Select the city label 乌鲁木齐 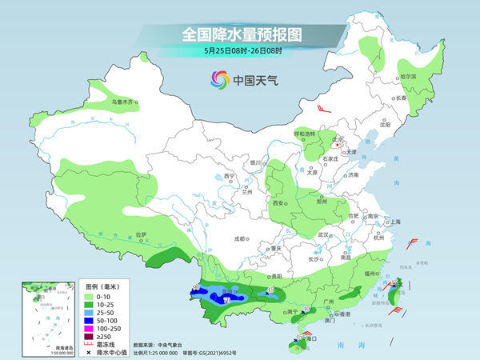[x=126, y=102]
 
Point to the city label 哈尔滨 [x=408, y=77]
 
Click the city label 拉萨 [x=142, y=234]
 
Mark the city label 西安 [x=279, y=204]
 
